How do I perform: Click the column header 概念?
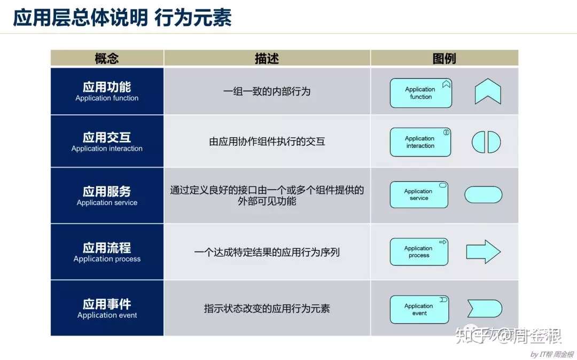click(107, 58)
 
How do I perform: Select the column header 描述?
click(267, 58)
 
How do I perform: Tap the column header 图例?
click(444, 58)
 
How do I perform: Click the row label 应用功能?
click(107, 87)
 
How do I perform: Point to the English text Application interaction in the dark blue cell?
click(107, 148)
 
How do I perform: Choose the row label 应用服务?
click(107, 191)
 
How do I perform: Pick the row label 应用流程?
click(107, 248)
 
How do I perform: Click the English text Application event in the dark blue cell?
click(107, 315)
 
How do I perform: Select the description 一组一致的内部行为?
click(267, 91)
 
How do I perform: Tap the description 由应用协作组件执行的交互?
click(267, 142)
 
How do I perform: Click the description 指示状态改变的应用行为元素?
click(267, 308)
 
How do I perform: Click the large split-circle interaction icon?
click(478, 142)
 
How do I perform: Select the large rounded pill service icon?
click(483, 195)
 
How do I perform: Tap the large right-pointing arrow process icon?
click(483, 252)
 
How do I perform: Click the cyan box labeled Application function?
click(421, 93)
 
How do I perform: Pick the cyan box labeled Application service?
click(419, 194)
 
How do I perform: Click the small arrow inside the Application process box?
click(443, 242)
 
